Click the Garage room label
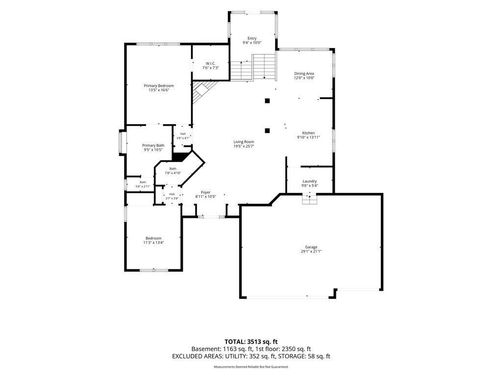tap(311, 247)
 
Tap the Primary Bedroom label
tap(158, 85)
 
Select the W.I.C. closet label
tap(210, 63)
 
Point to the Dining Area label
tap(304, 74)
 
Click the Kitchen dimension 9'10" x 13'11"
tap(309, 137)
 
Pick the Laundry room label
tap(310, 181)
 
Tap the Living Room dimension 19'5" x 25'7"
tap(244, 146)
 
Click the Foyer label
tap(205, 192)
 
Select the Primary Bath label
tap(153, 145)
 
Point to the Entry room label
tap(252, 38)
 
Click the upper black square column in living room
tap(267, 101)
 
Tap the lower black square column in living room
tap(267, 131)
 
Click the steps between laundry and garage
tap(310, 199)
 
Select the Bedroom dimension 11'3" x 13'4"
tap(153, 242)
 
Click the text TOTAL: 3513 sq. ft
tap(251, 342)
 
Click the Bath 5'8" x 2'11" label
tap(143, 184)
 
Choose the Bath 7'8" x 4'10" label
tap(173, 171)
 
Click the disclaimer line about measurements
tap(251, 367)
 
